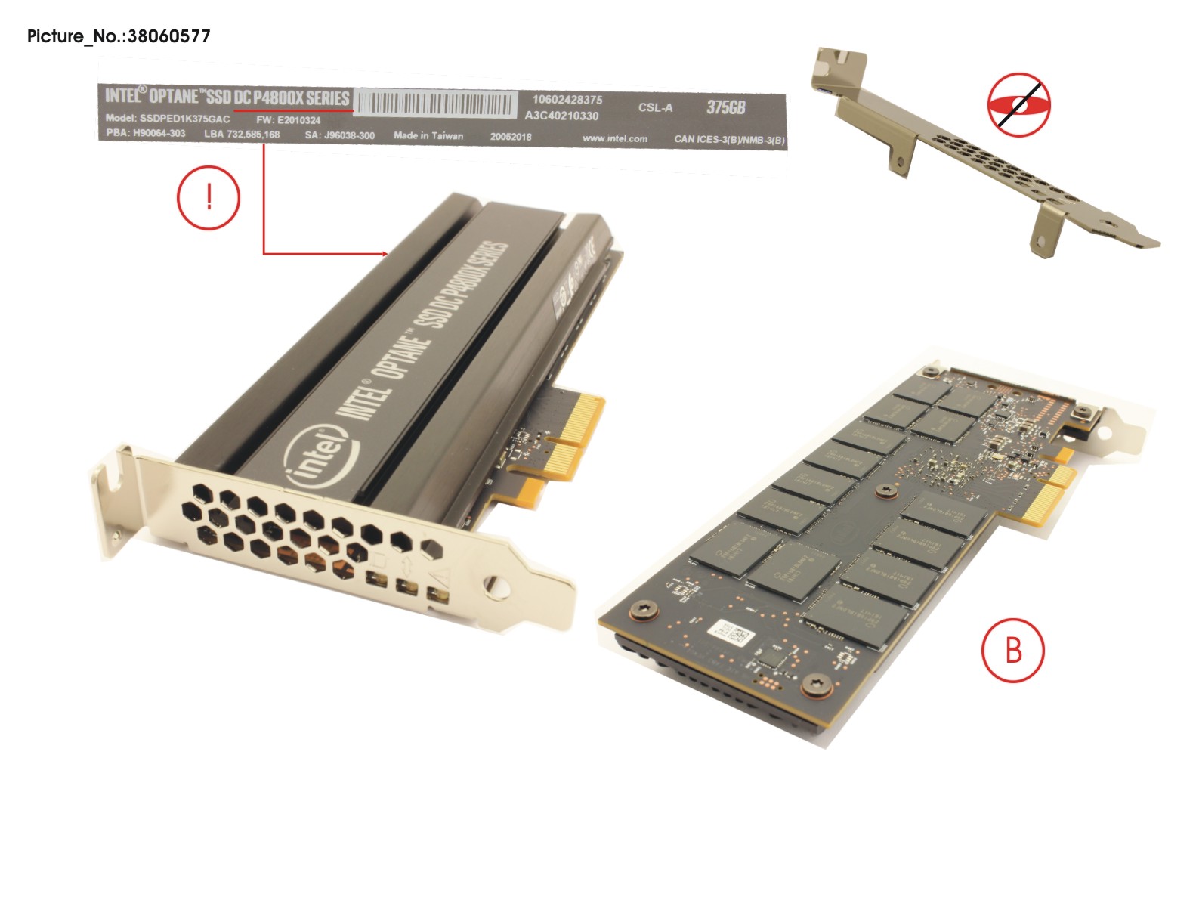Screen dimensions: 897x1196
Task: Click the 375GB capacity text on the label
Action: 725,107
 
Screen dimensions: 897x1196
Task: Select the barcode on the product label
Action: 436,104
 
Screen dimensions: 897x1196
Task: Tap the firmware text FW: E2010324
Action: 288,120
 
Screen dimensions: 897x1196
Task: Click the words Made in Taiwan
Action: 428,136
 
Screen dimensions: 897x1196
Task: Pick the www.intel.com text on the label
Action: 614,139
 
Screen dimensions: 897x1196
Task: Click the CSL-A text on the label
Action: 655,107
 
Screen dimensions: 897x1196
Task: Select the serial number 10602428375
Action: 567,100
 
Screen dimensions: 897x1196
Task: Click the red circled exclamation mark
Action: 209,198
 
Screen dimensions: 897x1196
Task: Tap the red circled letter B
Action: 1012,649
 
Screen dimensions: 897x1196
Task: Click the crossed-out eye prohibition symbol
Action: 1019,104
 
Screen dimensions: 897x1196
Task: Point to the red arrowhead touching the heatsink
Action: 385,254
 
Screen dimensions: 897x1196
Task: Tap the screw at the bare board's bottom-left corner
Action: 644,608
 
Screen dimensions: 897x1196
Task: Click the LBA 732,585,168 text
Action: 242,135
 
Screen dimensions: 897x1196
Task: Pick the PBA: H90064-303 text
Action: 145,133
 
